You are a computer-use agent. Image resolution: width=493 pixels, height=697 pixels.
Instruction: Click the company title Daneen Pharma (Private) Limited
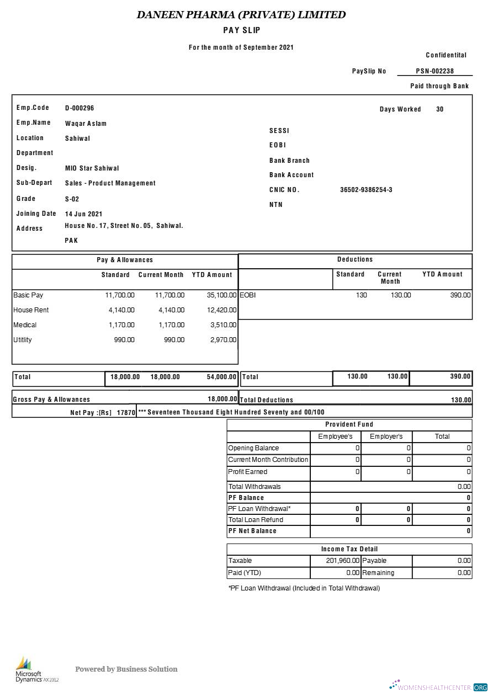click(241, 15)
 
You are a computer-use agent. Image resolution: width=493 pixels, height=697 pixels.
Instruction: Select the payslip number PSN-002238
click(434, 71)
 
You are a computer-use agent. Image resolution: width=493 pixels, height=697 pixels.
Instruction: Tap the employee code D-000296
click(79, 108)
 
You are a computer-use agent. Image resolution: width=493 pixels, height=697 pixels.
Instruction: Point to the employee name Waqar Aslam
click(86, 124)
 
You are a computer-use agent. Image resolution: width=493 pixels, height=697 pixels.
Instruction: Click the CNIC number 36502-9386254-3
click(366, 190)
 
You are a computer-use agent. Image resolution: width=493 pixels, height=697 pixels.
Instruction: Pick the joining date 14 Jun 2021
click(83, 214)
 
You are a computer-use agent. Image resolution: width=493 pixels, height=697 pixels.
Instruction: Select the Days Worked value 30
click(439, 109)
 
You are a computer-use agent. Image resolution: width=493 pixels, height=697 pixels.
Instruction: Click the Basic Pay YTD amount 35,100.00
click(221, 295)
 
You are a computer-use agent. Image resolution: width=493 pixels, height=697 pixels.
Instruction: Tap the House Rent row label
click(31, 310)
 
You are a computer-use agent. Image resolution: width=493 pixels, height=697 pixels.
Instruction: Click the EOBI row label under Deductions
click(248, 295)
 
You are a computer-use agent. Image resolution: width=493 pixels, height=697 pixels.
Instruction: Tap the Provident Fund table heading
click(349, 424)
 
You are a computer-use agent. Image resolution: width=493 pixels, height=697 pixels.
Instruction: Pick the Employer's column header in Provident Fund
click(386, 437)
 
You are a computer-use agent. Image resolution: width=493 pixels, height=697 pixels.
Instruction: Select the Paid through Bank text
click(439, 86)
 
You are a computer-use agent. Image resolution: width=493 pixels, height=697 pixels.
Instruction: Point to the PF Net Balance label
click(252, 531)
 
